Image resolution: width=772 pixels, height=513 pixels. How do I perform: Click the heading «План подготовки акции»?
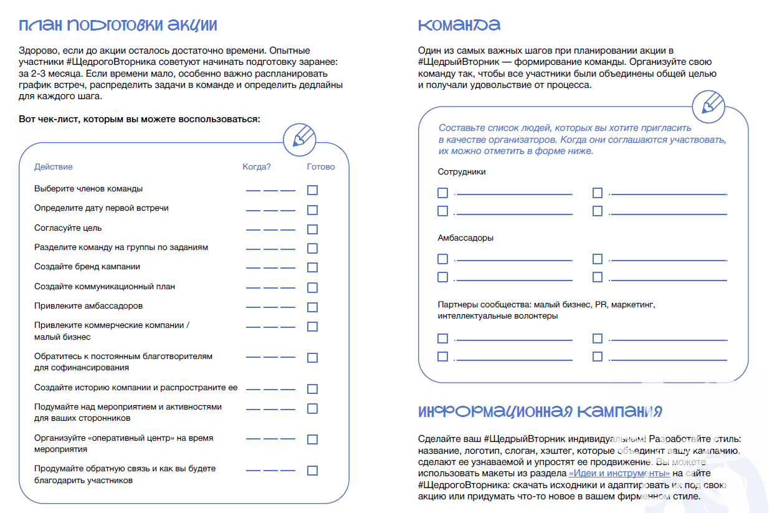pos(118,26)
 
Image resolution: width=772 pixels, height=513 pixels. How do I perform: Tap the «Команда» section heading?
pos(459,26)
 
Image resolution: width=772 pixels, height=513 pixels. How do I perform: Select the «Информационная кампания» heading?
pos(540,412)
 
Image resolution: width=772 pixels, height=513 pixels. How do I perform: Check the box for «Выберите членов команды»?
pos(312,190)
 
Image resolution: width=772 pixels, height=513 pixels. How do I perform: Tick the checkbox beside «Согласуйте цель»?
pos(312,229)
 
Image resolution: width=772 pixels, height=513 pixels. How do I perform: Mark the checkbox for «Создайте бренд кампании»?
pos(312,268)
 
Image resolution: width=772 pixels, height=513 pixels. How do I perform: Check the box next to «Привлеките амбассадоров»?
pos(312,307)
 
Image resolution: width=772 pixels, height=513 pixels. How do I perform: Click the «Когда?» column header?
pos(257,167)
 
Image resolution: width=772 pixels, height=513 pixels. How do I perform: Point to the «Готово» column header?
pos(321,167)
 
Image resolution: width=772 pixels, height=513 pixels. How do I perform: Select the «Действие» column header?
pos(53,167)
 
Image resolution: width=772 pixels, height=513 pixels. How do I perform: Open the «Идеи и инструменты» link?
pos(619,474)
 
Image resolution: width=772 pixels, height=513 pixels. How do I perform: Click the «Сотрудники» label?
pos(461,172)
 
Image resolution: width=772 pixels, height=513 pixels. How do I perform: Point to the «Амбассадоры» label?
pos(465,238)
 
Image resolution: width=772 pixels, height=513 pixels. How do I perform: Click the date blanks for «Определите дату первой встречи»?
pos(270,210)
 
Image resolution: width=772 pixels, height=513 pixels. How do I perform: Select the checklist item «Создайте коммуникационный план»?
pos(105,287)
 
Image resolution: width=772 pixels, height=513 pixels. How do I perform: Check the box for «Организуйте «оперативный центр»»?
pos(312,439)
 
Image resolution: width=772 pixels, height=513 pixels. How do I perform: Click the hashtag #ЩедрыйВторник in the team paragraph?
pos(457,62)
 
